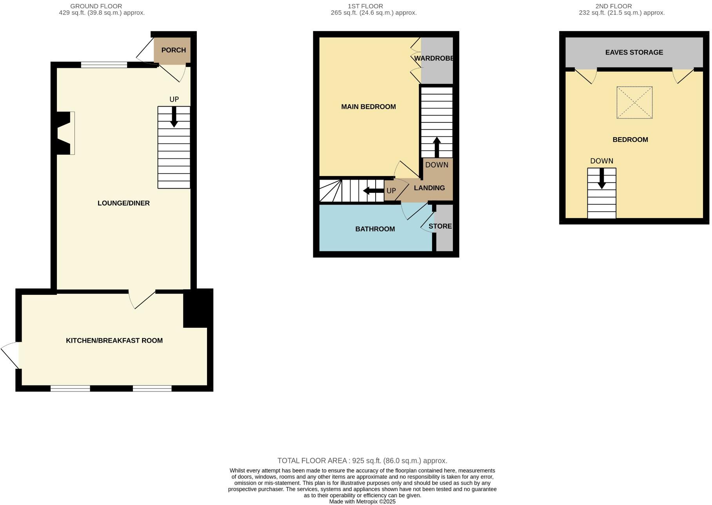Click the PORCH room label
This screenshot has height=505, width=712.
pos(173,50)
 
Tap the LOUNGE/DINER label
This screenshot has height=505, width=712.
pos(124,203)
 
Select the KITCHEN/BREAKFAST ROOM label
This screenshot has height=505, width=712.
pos(114,340)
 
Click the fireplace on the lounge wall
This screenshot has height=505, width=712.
pos(65,133)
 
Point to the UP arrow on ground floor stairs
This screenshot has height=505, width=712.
pos(174,117)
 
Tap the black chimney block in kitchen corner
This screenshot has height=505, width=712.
pos(198,308)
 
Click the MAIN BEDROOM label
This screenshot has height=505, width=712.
pos(368,107)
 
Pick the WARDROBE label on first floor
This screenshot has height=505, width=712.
pos(434,58)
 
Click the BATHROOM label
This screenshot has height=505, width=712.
pos(375,229)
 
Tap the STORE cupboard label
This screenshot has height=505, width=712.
pos(440,226)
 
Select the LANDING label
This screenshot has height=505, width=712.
pos(429,188)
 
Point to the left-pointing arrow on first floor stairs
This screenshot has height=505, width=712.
pos(373,191)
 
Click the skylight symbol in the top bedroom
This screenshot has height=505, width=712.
pos(634,102)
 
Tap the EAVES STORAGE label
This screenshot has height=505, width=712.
pos(634,52)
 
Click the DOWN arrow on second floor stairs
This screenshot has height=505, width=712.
pos(601,178)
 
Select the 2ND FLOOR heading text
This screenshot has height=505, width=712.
pos(613,6)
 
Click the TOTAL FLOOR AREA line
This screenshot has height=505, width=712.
pos(362,461)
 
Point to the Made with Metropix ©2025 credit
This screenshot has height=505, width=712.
pos(362,501)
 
